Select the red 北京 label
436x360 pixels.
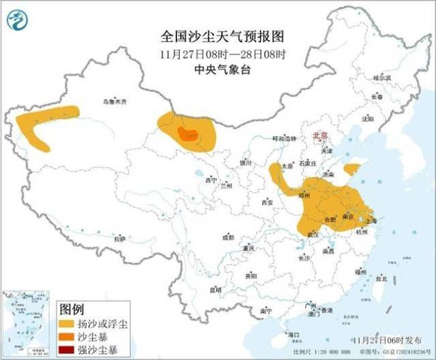click(x=318, y=136)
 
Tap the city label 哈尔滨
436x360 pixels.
click(x=382, y=78)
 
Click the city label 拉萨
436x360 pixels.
click(x=120, y=239)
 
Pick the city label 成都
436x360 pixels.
click(x=228, y=238)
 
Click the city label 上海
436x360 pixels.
click(x=373, y=220)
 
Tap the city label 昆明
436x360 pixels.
click(x=216, y=289)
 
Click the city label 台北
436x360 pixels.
click(x=381, y=278)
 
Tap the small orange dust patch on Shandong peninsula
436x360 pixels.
click(x=352, y=168)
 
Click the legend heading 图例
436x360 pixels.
click(x=72, y=307)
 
